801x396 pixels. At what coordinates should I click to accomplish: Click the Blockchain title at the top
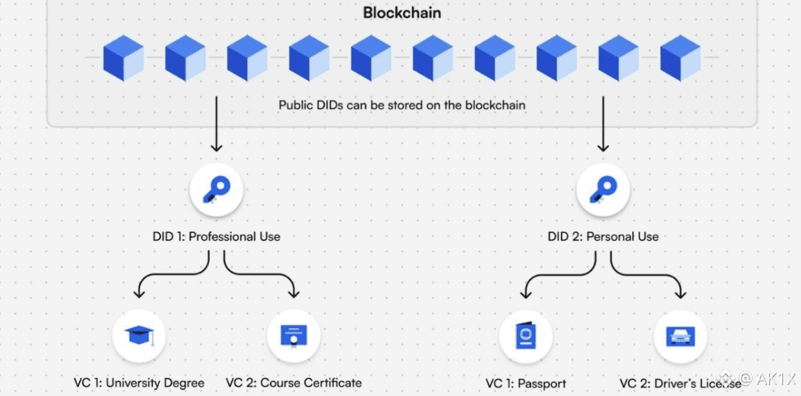(402, 12)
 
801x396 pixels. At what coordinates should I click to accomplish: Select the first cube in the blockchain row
(123, 58)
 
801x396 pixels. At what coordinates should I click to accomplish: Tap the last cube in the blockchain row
(680, 58)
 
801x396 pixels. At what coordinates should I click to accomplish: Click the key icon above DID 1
(216, 190)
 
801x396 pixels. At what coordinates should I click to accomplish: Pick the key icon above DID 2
(602, 190)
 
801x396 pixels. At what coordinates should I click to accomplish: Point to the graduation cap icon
(139, 336)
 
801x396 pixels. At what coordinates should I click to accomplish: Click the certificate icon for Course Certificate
(294, 336)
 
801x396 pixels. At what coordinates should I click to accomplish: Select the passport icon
(525, 336)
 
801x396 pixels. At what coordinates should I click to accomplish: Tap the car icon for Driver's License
(680, 336)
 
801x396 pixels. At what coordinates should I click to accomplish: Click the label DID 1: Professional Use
(216, 236)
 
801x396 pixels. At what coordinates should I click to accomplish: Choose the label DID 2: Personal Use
(602, 236)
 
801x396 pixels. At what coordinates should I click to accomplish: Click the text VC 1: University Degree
(139, 382)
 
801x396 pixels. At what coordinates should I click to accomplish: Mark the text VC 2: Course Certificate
(294, 382)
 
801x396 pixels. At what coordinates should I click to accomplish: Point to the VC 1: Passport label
(525, 383)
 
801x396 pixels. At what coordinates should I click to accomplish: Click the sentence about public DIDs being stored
(402, 106)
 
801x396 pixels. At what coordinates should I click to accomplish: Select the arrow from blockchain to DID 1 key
(216, 123)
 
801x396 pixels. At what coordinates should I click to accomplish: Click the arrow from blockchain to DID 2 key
(602, 123)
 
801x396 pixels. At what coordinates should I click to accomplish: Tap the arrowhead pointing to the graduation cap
(139, 293)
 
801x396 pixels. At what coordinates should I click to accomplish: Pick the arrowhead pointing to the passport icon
(525, 293)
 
